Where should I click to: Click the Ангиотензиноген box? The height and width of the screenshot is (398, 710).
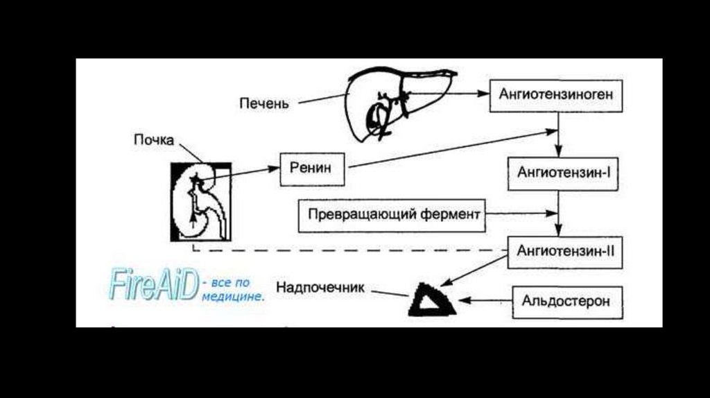(x=556, y=95)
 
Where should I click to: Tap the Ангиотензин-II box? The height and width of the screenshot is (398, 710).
(x=566, y=251)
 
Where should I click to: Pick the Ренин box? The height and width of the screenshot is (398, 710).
(x=312, y=168)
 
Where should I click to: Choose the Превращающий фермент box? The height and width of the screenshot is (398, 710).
(x=391, y=215)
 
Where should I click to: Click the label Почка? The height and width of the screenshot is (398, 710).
(x=155, y=139)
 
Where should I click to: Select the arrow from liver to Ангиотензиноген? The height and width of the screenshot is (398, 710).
(x=451, y=93)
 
